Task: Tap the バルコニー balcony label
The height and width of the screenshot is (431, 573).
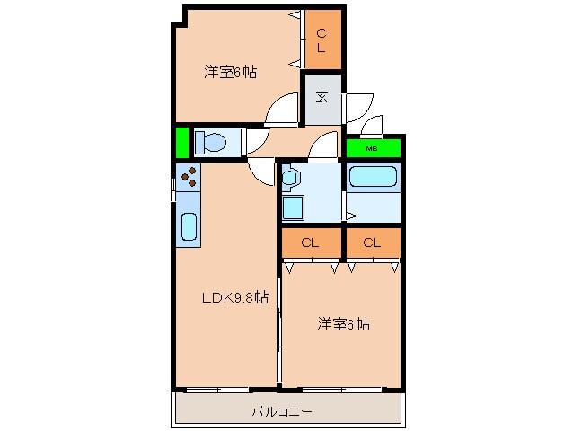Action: (x=283, y=413)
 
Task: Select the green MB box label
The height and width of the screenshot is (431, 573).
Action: (x=370, y=148)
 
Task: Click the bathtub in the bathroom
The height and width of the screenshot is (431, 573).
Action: (x=373, y=176)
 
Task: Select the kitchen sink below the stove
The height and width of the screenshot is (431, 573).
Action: (x=189, y=226)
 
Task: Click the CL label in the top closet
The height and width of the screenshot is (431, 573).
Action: (x=322, y=40)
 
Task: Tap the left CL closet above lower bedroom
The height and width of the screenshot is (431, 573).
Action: (x=310, y=242)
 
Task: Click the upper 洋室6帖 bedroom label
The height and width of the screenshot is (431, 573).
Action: (x=230, y=72)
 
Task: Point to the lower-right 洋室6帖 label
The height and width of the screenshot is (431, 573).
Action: (x=342, y=324)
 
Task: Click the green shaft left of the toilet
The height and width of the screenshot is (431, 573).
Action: (x=182, y=143)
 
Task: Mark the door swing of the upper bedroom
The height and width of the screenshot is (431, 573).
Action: (x=283, y=112)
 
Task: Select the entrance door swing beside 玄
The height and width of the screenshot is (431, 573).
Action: (x=357, y=107)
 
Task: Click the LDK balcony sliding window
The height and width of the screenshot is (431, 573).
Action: (x=216, y=389)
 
